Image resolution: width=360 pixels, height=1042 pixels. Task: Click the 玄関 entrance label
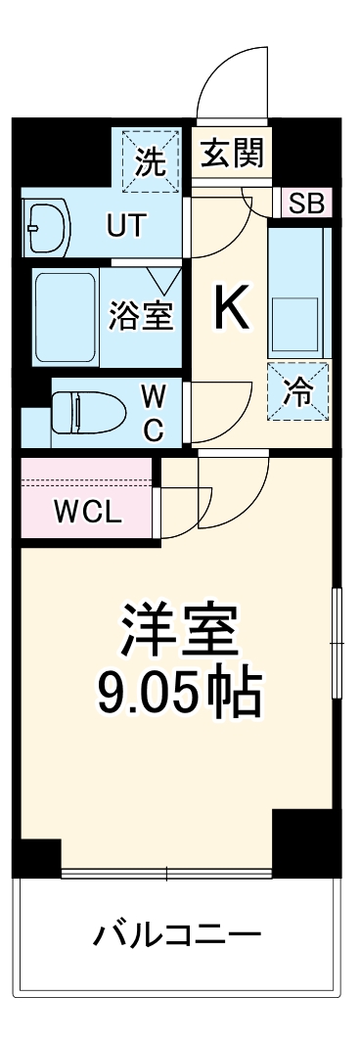232,153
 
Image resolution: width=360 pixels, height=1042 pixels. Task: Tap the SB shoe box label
307,204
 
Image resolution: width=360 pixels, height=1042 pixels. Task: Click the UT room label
125,225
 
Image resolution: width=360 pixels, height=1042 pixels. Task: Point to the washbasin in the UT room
46,226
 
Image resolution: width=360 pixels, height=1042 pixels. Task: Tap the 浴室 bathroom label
141,315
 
